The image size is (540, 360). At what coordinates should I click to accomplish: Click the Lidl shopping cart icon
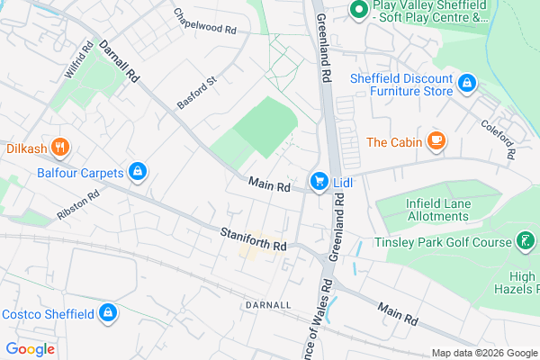pos(319,183)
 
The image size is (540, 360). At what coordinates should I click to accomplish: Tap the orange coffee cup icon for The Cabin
pos(436,140)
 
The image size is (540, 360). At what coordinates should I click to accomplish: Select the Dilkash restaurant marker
pos(59,147)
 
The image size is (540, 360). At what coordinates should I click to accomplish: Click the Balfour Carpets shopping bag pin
pos(138,170)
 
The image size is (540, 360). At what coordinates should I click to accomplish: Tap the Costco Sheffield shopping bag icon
pos(107,313)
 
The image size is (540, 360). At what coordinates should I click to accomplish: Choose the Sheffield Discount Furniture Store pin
pos(466,84)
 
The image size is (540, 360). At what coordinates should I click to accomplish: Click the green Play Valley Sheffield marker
pos(357,10)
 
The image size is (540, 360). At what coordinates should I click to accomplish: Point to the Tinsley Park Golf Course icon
pos(523,240)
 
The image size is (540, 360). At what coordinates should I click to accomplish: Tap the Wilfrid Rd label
pos(79,59)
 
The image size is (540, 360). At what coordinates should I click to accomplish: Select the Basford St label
pos(197,93)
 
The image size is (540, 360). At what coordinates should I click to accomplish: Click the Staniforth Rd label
pos(253,238)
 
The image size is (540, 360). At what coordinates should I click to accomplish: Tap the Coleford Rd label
pos(496,140)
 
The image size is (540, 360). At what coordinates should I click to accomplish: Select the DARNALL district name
pos(266,305)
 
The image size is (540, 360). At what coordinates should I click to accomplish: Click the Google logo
pos(30,348)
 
